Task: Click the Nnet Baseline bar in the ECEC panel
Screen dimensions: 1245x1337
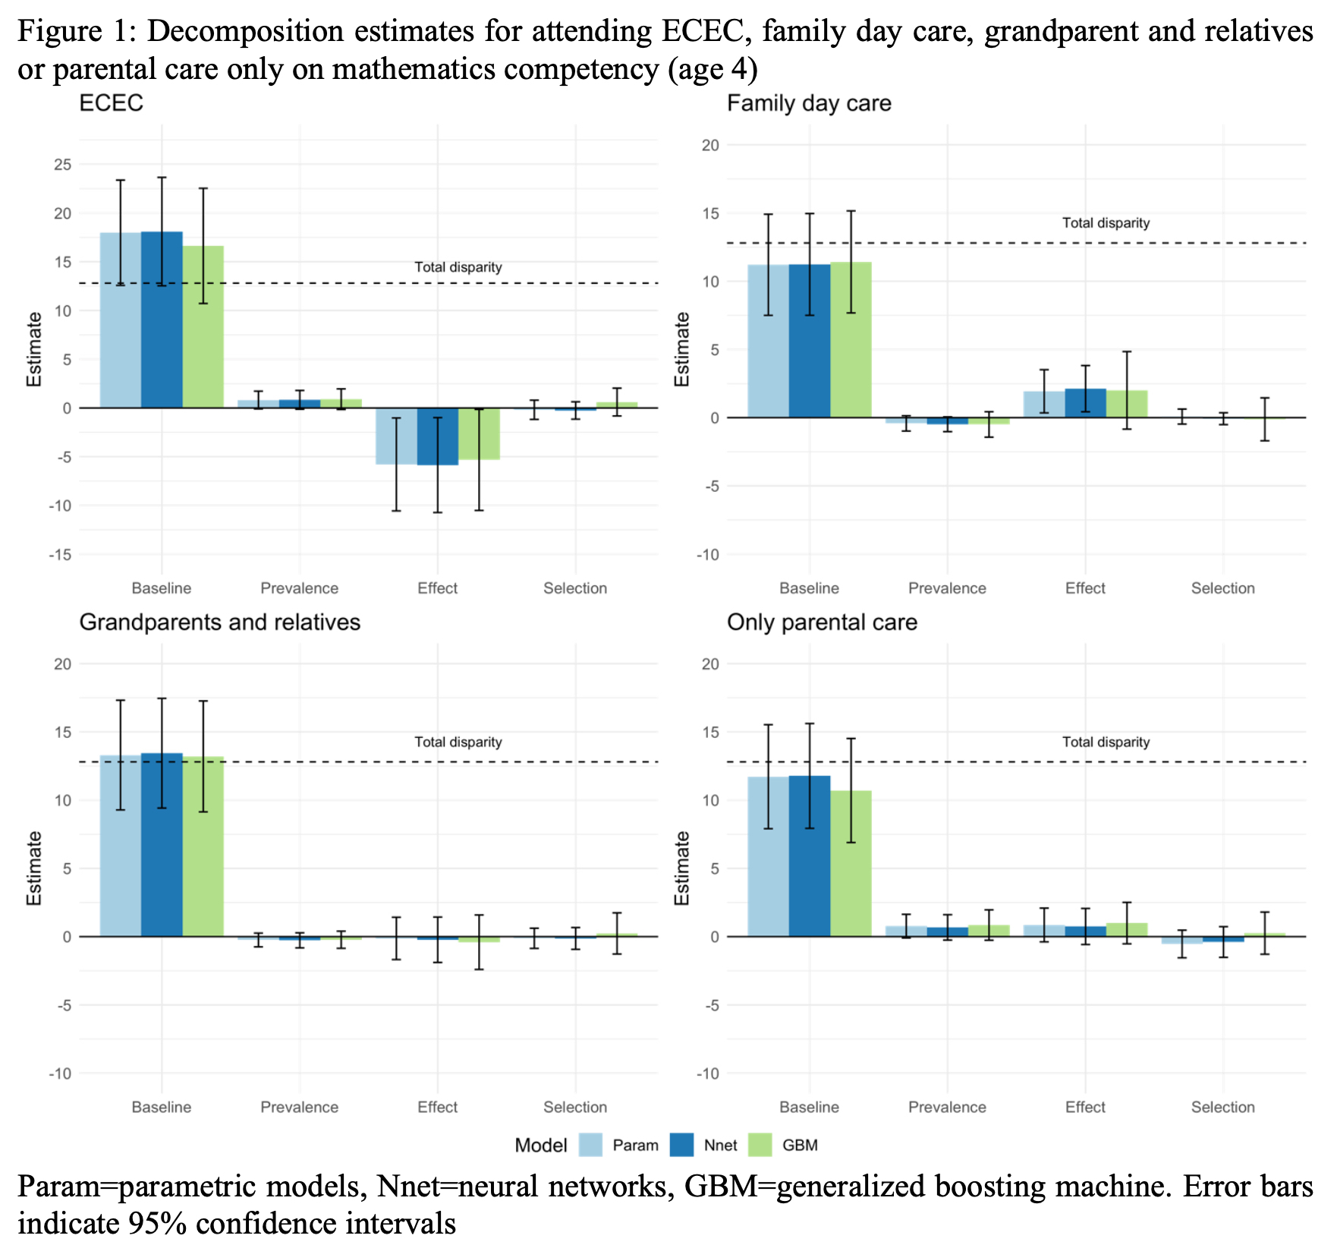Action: click(x=162, y=319)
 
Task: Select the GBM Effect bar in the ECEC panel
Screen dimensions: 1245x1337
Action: click(x=479, y=433)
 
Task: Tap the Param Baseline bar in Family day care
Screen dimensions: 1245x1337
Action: click(x=768, y=342)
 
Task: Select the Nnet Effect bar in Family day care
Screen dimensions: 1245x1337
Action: click(x=1085, y=403)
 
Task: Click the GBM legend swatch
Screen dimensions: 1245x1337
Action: click(x=760, y=1145)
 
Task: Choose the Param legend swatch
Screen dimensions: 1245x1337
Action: click(x=590, y=1145)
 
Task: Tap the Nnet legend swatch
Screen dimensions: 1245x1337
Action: click(x=681, y=1145)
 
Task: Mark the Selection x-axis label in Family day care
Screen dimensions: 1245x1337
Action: click(x=1222, y=588)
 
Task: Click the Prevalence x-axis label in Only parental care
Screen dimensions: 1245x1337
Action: click(x=947, y=1108)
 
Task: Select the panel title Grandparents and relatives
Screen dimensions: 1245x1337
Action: click(x=219, y=622)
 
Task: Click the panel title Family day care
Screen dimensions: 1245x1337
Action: click(x=809, y=103)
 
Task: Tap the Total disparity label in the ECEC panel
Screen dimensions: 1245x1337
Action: click(x=458, y=267)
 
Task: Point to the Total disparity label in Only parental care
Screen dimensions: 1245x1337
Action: click(x=1106, y=742)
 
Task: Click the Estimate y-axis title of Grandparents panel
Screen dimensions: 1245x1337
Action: click(x=34, y=868)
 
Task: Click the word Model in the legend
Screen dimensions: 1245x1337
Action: click(x=540, y=1146)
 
